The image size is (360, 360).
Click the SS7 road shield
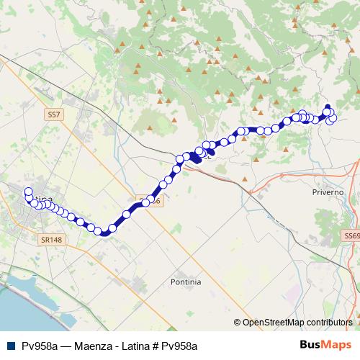coord(53,114)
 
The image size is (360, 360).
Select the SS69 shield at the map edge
coord(351,235)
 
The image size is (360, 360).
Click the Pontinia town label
coord(186,282)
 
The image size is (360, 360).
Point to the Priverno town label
coord(328,193)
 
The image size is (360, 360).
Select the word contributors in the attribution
coord(329,323)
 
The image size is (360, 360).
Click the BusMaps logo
coord(326,346)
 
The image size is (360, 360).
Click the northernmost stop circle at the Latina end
coord(29,192)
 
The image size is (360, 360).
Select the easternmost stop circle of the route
coord(333,118)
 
